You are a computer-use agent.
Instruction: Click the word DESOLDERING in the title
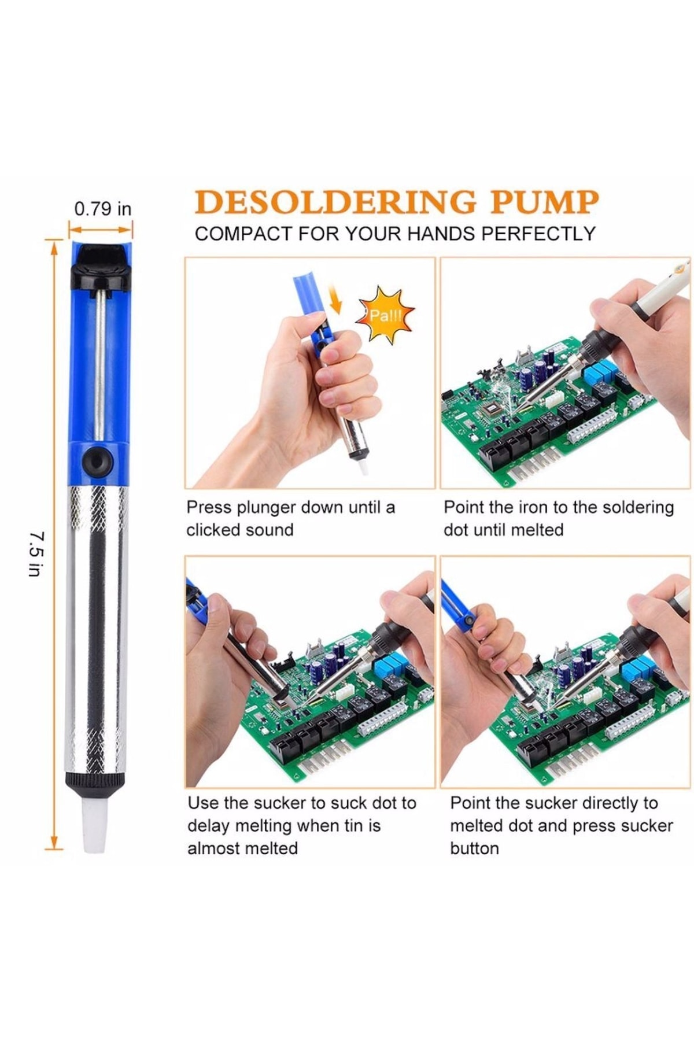[x=335, y=202]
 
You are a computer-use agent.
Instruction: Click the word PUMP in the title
[x=544, y=202]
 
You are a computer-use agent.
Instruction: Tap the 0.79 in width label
[x=103, y=209]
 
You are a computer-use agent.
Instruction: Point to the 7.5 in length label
[x=35, y=554]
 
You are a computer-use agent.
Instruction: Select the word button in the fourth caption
[x=474, y=848]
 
